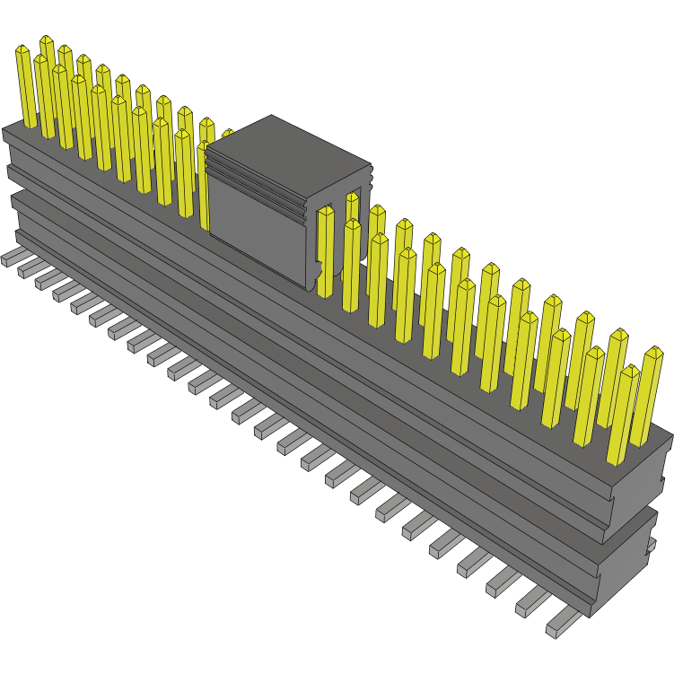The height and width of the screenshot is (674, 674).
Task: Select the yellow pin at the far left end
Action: pos(26,85)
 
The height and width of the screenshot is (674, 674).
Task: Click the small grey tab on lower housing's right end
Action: pos(651,544)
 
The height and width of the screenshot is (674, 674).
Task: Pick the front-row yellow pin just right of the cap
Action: pos(325,251)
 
